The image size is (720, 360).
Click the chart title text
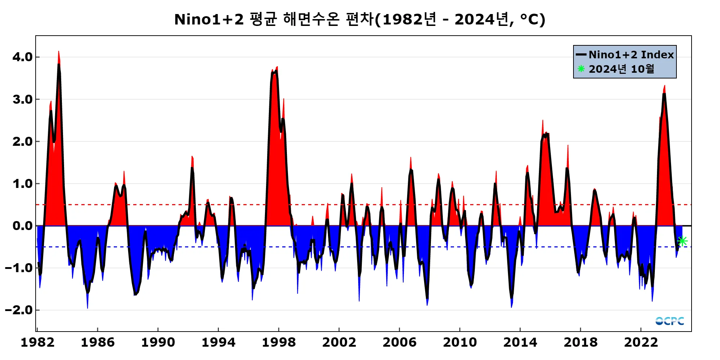tap(360, 19)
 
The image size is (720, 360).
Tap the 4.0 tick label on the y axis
tap(22, 57)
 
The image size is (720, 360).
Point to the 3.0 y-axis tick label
tap(22, 99)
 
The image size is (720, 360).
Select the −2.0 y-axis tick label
tap(19, 310)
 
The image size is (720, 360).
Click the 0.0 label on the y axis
tap(22, 226)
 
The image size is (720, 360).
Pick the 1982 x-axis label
tap(37, 342)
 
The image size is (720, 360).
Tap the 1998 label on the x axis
tap(279, 342)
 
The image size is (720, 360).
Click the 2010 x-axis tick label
tap(460, 342)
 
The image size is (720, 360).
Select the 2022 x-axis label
tap(641, 342)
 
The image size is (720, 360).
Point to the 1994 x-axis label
tap(218, 342)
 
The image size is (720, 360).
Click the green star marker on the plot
tap(682, 241)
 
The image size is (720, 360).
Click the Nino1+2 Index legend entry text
tap(631, 55)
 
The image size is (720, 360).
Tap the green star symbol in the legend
tap(581, 68)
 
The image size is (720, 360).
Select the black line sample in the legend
tap(581, 55)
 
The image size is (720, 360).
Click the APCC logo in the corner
tap(669, 321)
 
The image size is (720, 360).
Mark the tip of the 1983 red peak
tap(58, 52)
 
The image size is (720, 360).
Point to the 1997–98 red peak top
tap(277, 67)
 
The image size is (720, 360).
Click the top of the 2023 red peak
tap(665, 86)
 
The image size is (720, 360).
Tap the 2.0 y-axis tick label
tap(22, 141)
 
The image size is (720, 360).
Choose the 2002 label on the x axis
tap(339, 342)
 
